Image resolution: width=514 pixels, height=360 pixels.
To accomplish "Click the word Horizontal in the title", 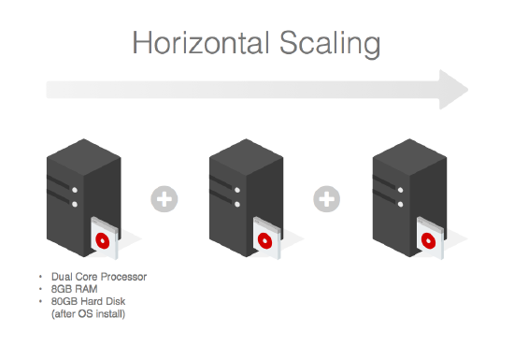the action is (x=201, y=43).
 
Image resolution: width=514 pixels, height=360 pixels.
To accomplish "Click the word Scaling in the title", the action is (x=330, y=44).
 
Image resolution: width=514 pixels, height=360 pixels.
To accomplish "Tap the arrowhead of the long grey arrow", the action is (x=453, y=90).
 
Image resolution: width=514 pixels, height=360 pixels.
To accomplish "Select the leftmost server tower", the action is (x=84, y=197).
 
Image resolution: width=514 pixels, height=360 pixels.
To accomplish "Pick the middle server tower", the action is (x=246, y=197).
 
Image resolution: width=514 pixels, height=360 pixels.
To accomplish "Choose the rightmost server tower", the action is (x=409, y=197).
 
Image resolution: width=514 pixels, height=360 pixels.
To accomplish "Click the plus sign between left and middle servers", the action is (x=164, y=199).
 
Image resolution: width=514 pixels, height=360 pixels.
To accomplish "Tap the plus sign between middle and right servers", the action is (x=327, y=199).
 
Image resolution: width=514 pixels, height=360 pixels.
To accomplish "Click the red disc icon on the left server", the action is (x=103, y=240).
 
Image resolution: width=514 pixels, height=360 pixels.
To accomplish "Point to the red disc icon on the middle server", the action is (x=265, y=240).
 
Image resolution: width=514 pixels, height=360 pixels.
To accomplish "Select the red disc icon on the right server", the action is (x=428, y=240).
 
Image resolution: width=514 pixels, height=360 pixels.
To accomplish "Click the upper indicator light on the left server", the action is (x=75, y=190).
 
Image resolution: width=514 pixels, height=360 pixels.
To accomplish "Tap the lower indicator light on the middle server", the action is (x=237, y=204).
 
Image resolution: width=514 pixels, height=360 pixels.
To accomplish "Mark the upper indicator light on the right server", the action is (x=400, y=190).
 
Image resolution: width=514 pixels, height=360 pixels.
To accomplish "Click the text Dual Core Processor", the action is (x=99, y=277).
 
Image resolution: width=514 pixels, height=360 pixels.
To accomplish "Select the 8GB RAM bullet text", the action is (x=75, y=289).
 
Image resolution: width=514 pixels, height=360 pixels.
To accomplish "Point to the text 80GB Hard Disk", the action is (x=89, y=301).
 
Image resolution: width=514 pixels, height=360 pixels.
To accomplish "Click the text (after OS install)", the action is (x=89, y=314).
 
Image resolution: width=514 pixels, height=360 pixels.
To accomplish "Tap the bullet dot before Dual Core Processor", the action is (x=40, y=277).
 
